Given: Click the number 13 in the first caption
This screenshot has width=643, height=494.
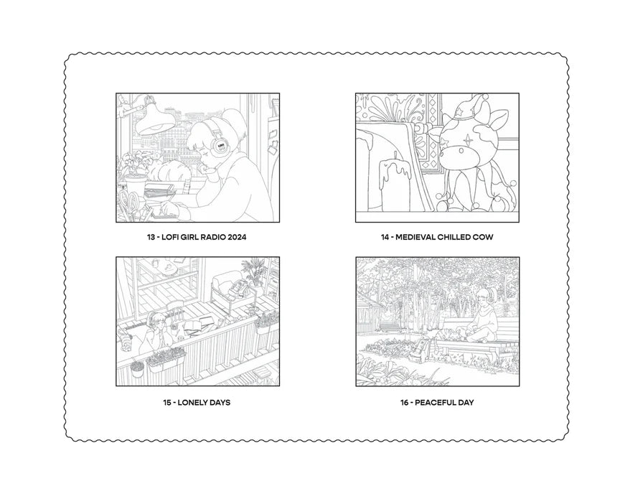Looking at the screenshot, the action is click(151, 237).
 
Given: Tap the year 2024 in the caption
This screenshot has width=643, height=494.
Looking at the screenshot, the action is click(237, 237).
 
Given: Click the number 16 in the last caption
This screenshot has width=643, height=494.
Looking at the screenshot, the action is click(405, 403).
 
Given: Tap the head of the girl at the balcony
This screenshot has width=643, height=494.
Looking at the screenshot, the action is click(156, 320).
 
